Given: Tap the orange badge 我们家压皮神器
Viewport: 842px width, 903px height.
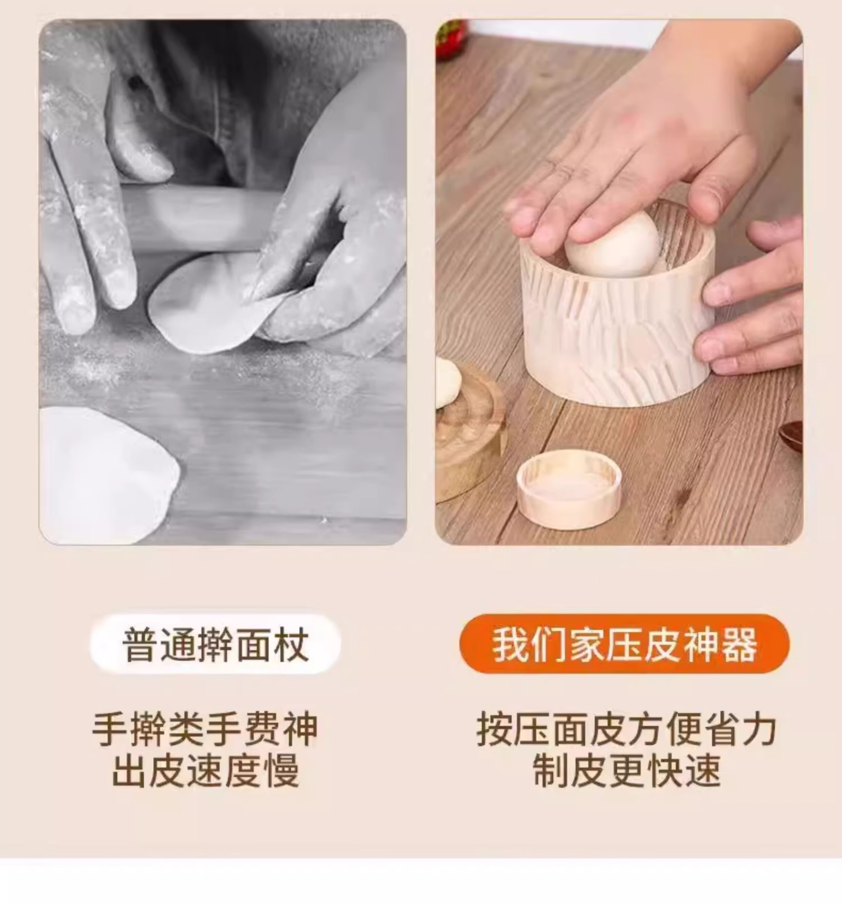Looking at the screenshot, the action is click(624, 644).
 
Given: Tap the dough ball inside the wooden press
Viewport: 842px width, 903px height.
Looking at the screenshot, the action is click(612, 244).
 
